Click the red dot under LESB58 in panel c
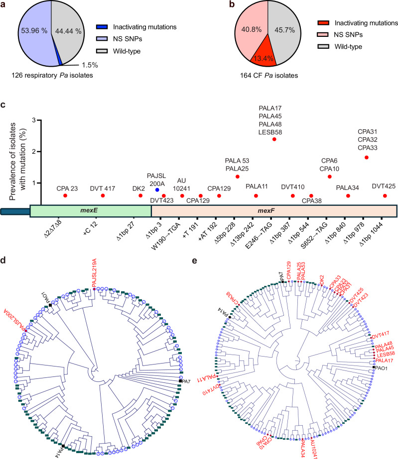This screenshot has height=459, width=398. pos(274,139)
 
